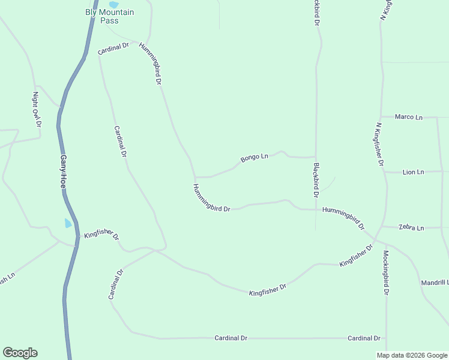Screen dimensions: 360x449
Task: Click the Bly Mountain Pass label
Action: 109,16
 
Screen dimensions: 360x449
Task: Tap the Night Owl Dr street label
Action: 37,109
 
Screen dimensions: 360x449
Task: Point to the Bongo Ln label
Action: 254,158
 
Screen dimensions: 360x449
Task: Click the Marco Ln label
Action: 408,117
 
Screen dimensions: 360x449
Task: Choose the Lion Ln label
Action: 413,172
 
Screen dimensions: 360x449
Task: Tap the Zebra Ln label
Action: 411,228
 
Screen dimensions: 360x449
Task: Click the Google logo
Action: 20,353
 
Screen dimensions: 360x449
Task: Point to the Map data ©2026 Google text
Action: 412,355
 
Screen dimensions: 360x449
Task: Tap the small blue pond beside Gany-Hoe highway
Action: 68,223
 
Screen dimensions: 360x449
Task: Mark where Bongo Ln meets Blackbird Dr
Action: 316,157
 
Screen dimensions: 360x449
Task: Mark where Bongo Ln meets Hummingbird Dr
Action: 194,178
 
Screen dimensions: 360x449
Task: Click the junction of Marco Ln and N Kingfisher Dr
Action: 381,117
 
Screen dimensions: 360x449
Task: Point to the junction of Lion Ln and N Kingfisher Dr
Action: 385,172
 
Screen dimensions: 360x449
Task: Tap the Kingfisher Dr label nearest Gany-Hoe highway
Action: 101,235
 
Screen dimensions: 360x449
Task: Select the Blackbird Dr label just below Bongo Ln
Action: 315,180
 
